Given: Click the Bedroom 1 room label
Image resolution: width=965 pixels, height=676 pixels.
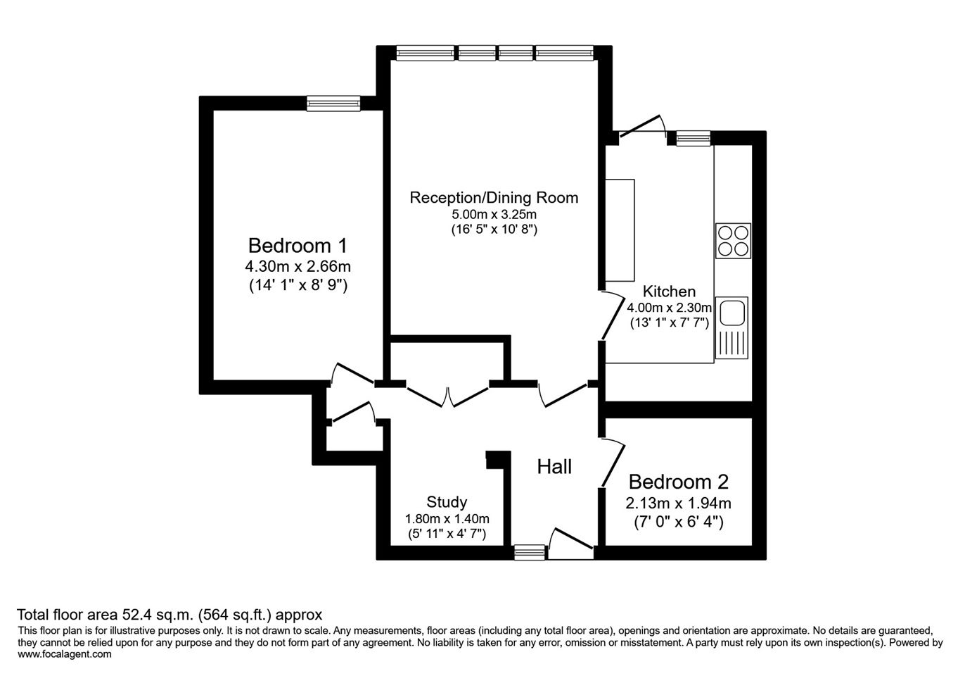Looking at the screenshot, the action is pos(298,246).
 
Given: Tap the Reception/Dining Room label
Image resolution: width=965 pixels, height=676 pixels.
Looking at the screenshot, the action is pos(494,198).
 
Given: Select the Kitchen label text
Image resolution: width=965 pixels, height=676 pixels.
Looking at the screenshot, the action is pos(669,292).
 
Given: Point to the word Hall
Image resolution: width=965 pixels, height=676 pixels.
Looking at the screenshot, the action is pos(554,467).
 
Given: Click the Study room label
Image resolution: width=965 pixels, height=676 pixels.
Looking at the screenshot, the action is pos(447,502).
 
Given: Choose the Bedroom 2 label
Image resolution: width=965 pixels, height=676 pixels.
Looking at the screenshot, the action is pos(679,482).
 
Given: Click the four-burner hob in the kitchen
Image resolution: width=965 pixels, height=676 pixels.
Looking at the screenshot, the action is pos(733,241).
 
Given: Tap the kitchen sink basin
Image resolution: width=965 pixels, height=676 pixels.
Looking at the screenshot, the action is pos(732,313).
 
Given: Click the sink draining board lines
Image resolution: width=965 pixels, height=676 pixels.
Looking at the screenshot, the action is pos(732,344).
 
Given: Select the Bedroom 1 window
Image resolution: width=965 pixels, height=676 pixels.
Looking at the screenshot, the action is pos(333,104).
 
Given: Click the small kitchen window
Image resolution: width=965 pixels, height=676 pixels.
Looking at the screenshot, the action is pos(694,138).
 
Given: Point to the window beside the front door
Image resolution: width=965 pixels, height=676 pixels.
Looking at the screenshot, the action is pos(530,552).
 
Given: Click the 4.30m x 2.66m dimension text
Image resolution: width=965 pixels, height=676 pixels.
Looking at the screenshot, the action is pos(298,267).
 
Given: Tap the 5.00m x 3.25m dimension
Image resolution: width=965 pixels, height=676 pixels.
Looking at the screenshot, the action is pos(494,214).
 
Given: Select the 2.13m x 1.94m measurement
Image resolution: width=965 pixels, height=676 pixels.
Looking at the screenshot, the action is pos(679,503).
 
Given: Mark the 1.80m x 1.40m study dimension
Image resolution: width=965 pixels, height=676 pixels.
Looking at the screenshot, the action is pos(447,518).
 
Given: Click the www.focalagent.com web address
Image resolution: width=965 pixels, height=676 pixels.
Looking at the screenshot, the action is pos(65,654).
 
